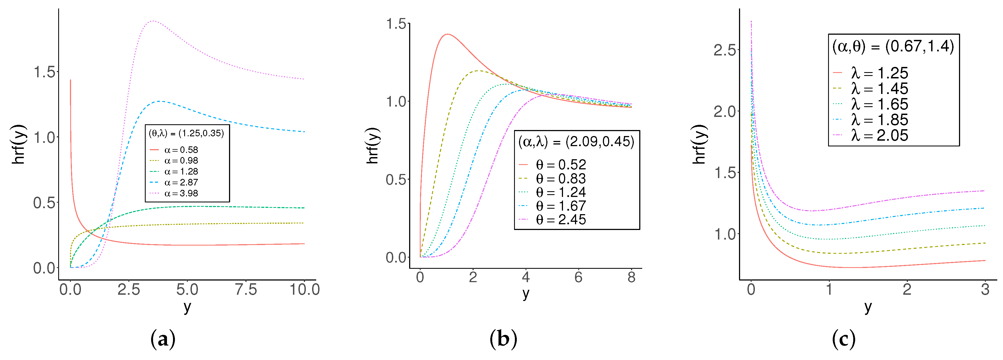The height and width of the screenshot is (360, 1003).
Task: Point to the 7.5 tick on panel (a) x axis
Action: (246, 289)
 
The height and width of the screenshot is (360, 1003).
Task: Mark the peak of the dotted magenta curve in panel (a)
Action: (152, 21)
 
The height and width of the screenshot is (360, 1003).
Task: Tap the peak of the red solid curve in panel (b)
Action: (448, 34)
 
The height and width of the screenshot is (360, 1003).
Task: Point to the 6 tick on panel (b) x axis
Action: (578, 277)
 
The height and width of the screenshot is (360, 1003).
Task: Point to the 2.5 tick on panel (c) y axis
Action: (725, 50)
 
